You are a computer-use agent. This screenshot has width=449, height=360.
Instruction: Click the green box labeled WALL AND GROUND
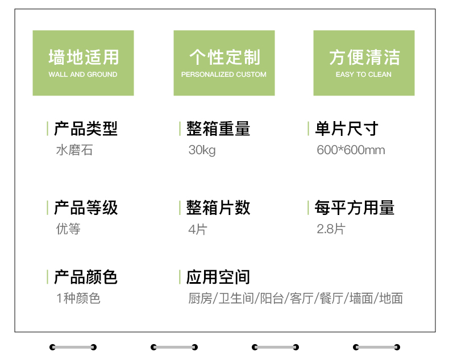(x=83, y=63)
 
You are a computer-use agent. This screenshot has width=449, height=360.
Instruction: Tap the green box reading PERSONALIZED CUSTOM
(x=224, y=63)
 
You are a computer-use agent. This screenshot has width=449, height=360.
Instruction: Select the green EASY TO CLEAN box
(x=364, y=63)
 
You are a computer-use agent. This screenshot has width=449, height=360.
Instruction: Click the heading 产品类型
(x=86, y=129)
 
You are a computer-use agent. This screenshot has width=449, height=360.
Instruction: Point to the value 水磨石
(x=74, y=150)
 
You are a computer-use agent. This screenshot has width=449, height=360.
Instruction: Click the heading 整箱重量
(x=218, y=129)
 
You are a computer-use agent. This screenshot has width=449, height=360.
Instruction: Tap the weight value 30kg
(x=202, y=150)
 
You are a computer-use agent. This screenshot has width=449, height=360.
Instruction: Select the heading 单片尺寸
(x=347, y=129)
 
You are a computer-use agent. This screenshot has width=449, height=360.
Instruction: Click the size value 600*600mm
(x=351, y=150)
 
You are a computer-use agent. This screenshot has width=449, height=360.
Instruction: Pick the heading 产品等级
(x=86, y=208)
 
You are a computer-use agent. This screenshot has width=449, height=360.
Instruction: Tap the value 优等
(x=68, y=229)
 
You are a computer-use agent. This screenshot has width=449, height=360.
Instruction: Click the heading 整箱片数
(x=218, y=208)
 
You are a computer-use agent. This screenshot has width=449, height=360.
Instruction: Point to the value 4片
(x=198, y=229)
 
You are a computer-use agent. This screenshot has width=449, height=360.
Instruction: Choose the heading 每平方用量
(x=355, y=208)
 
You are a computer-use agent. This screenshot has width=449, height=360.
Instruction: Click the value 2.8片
(x=331, y=229)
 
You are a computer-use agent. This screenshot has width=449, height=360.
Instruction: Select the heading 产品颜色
(x=86, y=277)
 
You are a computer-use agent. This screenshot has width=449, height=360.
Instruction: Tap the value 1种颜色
(x=78, y=299)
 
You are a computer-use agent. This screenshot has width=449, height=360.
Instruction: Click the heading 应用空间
(x=218, y=277)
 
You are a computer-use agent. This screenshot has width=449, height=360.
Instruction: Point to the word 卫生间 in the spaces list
(x=236, y=299)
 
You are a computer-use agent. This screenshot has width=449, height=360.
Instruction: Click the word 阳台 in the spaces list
(x=272, y=299)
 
